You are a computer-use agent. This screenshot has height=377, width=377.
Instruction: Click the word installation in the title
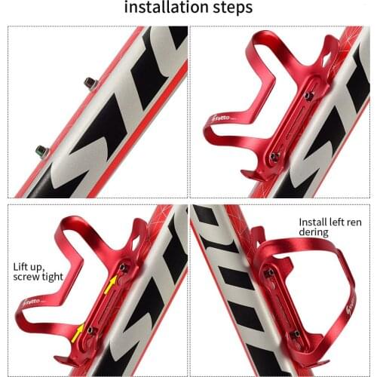[x=161, y=10]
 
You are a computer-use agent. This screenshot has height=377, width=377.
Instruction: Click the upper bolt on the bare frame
[x=90, y=82]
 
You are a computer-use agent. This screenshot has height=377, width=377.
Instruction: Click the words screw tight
[x=37, y=277]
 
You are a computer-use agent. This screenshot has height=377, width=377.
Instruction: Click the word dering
[x=313, y=233]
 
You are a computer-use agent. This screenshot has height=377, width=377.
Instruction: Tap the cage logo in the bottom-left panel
[x=38, y=302]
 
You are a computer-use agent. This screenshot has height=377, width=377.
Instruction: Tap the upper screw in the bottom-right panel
[x=268, y=272]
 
